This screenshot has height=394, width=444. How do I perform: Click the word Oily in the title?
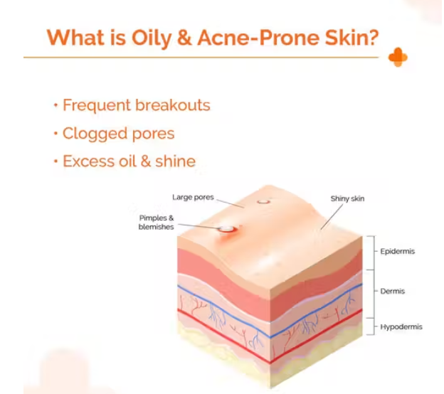pos(152,38)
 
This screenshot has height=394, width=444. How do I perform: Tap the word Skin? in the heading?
pos(351,37)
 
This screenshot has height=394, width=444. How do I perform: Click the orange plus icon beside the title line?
pos(398,57)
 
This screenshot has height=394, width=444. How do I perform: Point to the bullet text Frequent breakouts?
pos(136,105)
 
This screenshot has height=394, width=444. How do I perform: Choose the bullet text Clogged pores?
pos(118,134)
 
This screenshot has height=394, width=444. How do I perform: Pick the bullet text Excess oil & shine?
pos(129,161)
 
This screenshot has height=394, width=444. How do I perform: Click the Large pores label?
pos(193,197)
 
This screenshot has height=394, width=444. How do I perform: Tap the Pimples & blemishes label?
pos(157,222)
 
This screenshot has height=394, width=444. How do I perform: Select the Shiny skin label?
pos(347,198)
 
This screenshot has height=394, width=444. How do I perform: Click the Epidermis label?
pos(398,251)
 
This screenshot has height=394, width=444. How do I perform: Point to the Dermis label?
pos(393,291)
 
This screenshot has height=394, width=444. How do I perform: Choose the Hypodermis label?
pos(401,327)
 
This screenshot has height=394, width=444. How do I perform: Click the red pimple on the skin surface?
pos(227,230)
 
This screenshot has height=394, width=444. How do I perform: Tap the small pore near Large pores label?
pos(263,202)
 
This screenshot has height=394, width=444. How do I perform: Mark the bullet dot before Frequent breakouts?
pos(55,105)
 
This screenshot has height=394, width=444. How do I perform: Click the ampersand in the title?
pos(184,38)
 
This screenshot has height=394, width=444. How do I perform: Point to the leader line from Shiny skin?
pos(332,216)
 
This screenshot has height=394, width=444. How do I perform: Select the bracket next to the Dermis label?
pos(373,294)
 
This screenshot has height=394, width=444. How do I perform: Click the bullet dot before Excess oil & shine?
pos(55,161)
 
